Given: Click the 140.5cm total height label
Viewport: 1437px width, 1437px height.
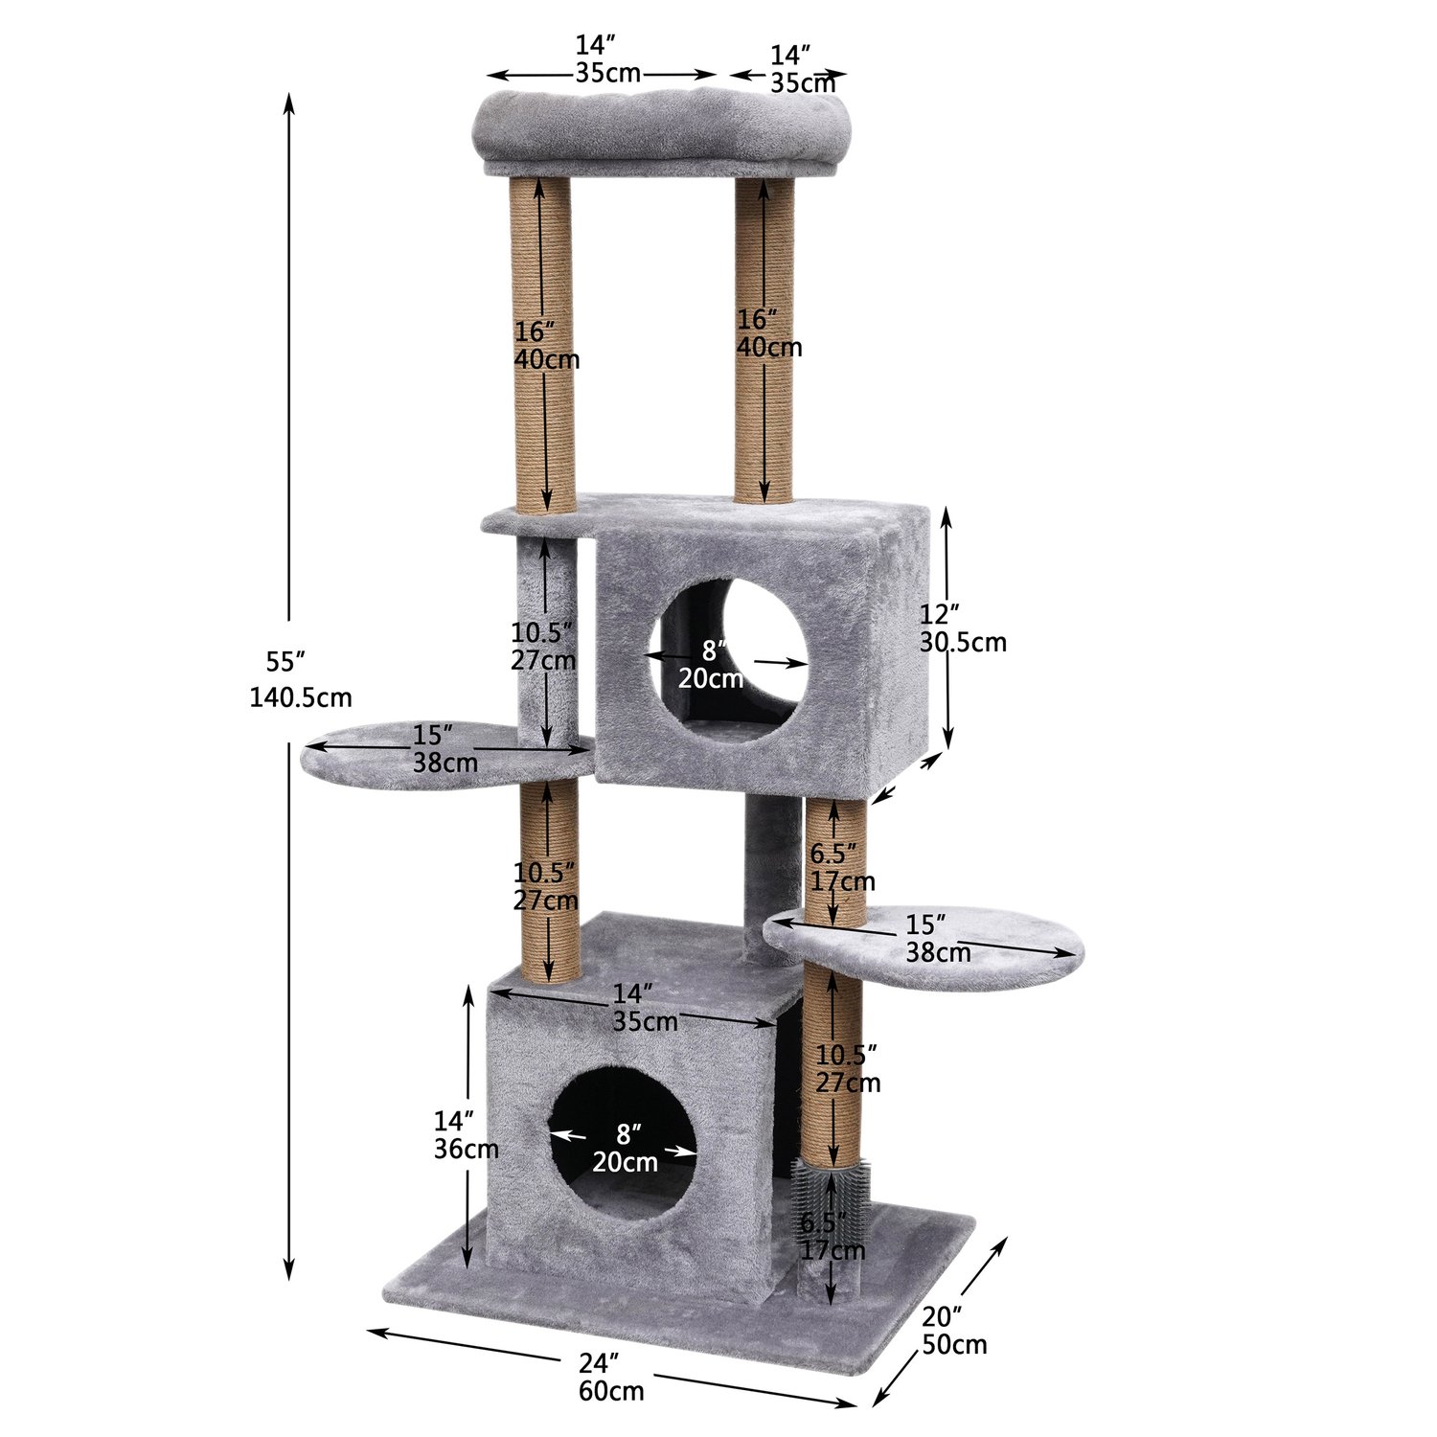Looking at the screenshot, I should pos(300,697).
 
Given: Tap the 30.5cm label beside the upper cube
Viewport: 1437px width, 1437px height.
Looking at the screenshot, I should pos(963,642).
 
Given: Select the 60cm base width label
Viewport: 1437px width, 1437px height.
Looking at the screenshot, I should pos(611,1390).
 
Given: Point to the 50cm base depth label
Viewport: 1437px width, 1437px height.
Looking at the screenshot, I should pos(954,1344).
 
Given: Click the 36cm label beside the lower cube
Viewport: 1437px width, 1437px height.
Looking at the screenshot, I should pos(466,1149).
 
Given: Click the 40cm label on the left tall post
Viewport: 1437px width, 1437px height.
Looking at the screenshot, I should pos(547,360).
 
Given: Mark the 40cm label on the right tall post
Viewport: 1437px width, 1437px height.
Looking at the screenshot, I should pos(769,347).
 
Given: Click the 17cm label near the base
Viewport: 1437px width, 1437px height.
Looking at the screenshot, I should pos(833,1250).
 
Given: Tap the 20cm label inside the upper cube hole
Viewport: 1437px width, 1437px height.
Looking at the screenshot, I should pos(711,679).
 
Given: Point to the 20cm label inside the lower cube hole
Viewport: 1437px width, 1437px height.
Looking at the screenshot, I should pos(625,1162).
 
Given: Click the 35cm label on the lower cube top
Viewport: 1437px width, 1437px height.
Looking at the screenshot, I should pos(646,1021).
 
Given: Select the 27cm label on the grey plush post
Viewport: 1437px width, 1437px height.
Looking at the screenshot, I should pos(543,660).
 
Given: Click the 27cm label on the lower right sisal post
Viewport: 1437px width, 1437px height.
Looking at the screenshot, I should pos(848,1083).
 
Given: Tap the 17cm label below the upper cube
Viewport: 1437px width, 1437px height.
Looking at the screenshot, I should pos(842,880).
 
